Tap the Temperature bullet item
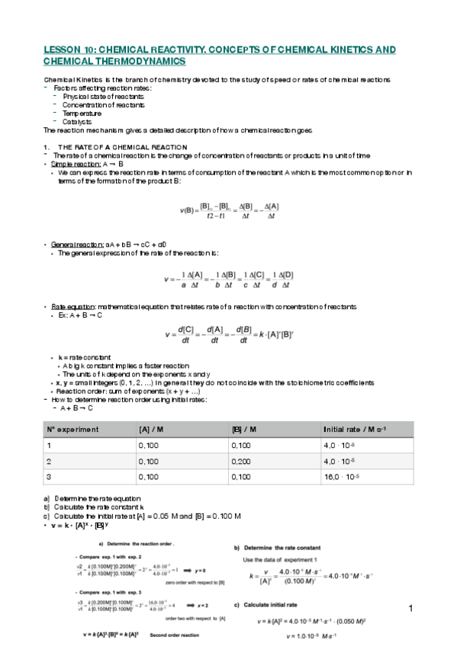[82, 113]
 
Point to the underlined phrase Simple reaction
[74, 164]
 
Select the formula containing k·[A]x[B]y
[228, 334]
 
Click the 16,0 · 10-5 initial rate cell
[343, 478]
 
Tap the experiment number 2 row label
[49, 462]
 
